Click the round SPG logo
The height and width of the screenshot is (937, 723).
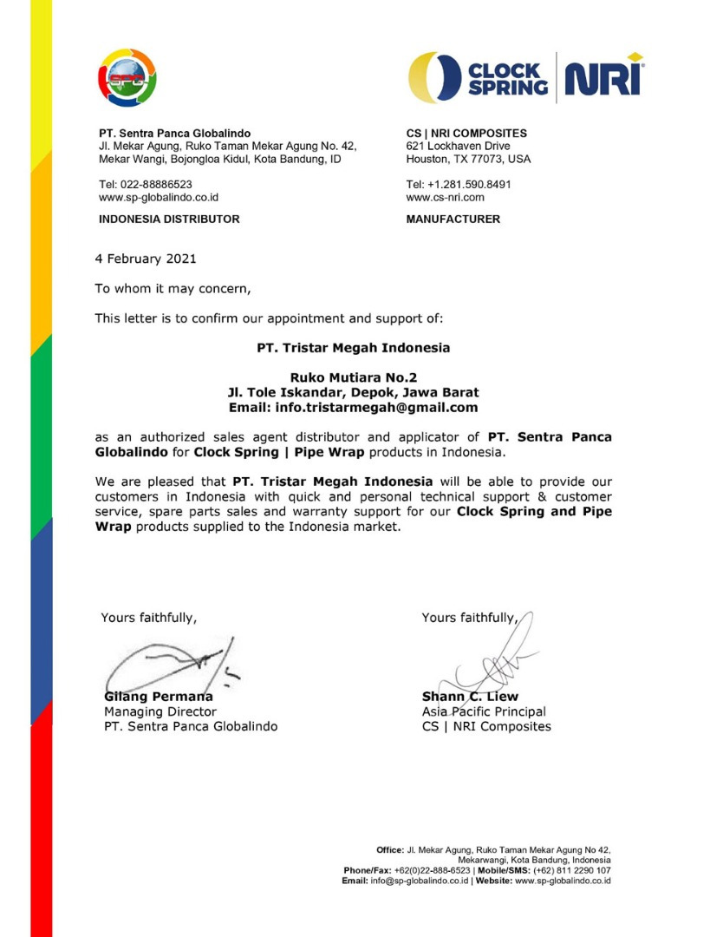[x=127, y=78]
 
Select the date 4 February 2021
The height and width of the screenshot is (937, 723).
[x=146, y=259]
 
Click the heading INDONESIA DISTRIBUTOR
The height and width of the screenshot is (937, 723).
[x=169, y=220]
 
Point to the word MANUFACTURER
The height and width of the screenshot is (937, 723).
[x=453, y=220]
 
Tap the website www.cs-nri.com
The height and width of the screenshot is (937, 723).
[x=445, y=197]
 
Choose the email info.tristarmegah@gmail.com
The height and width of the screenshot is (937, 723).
[x=375, y=407]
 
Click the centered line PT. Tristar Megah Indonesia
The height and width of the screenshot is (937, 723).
[x=354, y=348]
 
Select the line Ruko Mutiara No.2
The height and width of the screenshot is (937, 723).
[x=353, y=378]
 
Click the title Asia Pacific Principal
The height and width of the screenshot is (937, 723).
[x=484, y=711]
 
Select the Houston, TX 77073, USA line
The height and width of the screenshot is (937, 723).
[x=468, y=160]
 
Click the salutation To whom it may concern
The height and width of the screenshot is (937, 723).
[x=173, y=288]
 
